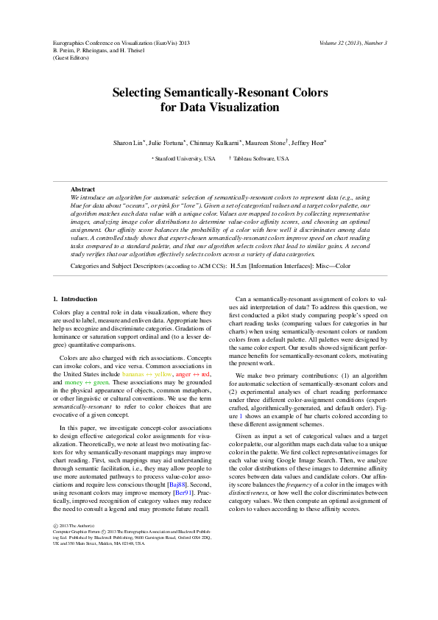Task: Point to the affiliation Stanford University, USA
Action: coord(186,158)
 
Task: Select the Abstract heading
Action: coord(82,190)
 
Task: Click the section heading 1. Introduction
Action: coord(75,299)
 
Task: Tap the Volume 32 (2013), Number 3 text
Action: coord(353,43)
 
